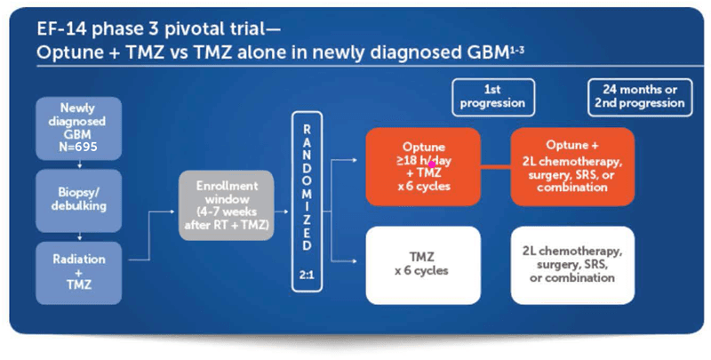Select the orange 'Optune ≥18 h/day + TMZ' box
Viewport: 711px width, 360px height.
point(422,164)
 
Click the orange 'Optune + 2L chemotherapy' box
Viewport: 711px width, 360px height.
point(571,164)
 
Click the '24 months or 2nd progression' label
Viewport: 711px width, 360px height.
point(638,95)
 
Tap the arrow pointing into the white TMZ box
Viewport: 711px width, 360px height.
point(350,260)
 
